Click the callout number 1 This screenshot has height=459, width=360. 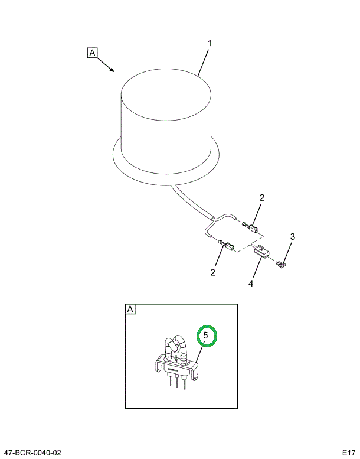[x=210, y=43]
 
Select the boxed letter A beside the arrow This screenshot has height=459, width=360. [x=92, y=53]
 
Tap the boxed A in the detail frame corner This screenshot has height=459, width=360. [x=130, y=310]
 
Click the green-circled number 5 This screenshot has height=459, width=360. [x=206, y=336]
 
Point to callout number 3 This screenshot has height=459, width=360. [x=293, y=236]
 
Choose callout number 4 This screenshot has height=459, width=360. [x=251, y=283]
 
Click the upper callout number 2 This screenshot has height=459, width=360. [x=262, y=197]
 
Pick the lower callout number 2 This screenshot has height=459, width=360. [x=212, y=272]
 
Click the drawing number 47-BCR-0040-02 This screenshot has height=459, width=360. [x=32, y=453]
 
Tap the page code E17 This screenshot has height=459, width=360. [x=349, y=453]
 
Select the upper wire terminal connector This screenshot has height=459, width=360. [x=250, y=227]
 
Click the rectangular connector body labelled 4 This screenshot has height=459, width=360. [x=262, y=252]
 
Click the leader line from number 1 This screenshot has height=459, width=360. [x=203, y=63]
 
